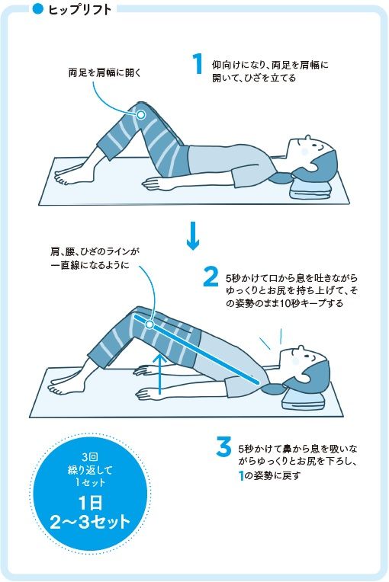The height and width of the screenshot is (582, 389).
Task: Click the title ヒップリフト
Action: point(80,10)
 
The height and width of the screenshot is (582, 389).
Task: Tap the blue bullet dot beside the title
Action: point(38,9)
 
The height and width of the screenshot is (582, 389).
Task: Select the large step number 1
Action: point(198,63)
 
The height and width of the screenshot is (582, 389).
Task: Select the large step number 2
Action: point(211,277)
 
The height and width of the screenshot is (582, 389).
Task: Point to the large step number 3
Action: point(223,447)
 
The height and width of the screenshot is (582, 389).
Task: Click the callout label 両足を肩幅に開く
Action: point(105,72)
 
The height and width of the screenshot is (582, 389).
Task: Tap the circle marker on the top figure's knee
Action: point(141,115)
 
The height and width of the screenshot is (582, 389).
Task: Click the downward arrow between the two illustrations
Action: point(193,235)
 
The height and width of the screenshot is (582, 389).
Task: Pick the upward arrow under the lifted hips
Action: point(159,373)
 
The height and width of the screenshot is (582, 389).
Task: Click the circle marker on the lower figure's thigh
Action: point(149,325)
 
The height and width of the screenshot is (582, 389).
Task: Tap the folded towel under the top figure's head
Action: point(310,187)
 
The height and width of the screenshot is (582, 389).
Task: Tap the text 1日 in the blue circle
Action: point(91,504)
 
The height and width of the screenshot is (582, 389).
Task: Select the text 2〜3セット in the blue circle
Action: point(90,522)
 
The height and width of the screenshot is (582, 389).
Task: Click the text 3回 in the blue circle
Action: point(90,457)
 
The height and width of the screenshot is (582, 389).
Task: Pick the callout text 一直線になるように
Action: point(90,266)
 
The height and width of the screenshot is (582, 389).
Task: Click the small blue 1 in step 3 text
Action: point(241,475)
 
